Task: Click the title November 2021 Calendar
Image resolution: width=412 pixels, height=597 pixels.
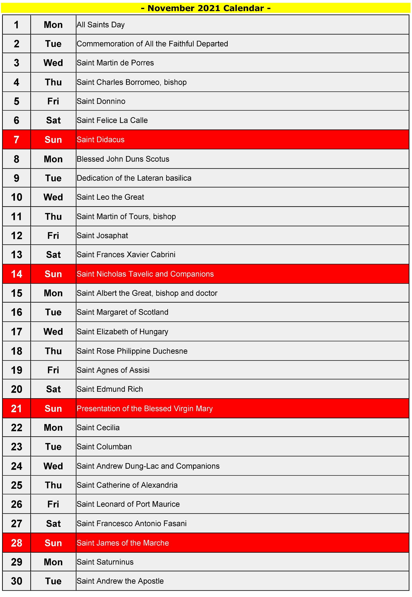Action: pos(206,8)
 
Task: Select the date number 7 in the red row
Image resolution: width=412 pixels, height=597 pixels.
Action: pos(17,140)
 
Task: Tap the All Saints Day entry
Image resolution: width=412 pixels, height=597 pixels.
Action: pos(101,25)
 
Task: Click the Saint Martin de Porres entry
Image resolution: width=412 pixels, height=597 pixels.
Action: pos(115,63)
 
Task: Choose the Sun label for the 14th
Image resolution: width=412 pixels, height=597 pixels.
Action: pos(53,274)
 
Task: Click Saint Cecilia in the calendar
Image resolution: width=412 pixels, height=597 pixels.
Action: pos(98,427)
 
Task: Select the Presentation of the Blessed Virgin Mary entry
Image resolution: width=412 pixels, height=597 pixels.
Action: pos(145,408)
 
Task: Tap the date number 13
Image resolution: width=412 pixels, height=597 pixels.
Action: pos(17,255)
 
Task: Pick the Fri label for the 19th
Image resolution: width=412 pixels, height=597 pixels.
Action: pos(53,370)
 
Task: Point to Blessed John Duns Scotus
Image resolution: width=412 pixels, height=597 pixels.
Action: pos(123,159)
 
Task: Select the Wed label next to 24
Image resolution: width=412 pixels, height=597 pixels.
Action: pos(53,466)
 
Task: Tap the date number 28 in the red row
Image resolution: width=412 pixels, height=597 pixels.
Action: pos(17,543)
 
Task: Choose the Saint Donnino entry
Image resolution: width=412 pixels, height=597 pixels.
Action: pos(101,101)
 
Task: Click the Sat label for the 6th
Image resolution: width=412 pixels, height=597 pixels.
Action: pos(53,120)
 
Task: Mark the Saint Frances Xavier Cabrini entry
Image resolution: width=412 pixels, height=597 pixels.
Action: pos(126,255)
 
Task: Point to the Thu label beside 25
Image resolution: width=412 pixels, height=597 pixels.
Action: pos(53,485)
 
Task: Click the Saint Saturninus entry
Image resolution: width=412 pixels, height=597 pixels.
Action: pos(105,562)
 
